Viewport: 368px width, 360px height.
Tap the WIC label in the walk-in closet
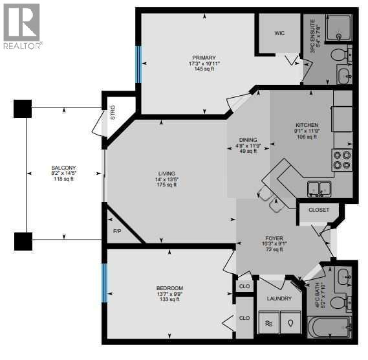(280, 32)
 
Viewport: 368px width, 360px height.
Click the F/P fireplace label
(117, 231)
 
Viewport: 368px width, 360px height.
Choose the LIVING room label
(167, 173)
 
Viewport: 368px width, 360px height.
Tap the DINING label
(247, 140)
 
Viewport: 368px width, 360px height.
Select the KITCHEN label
(307, 125)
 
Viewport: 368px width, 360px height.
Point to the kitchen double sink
(320, 188)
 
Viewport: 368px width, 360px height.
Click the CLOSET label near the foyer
(318, 210)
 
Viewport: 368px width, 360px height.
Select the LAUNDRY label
(279, 298)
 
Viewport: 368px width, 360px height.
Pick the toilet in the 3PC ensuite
(340, 56)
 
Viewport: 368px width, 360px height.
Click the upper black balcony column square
(22, 108)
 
